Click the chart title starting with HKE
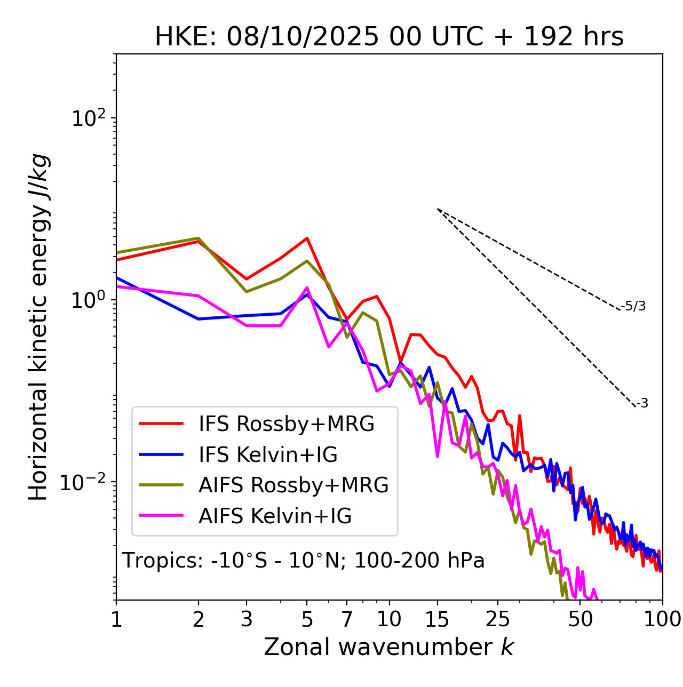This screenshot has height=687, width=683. [389, 37]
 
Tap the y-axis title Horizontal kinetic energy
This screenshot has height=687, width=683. [38, 327]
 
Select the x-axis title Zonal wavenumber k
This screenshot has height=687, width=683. [389, 647]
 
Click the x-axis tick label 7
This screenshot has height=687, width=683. [347, 619]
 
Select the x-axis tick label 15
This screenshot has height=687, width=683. [437, 619]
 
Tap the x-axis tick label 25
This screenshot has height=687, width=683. [498, 619]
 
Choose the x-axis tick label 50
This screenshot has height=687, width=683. [580, 619]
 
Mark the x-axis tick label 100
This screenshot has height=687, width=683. [662, 619]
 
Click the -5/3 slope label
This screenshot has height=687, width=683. [633, 306]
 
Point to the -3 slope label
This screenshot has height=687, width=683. [642, 404]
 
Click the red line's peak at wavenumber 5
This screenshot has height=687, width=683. [307, 238]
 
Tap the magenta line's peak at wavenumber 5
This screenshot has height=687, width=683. [307, 287]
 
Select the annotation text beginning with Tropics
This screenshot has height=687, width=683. [303, 561]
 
